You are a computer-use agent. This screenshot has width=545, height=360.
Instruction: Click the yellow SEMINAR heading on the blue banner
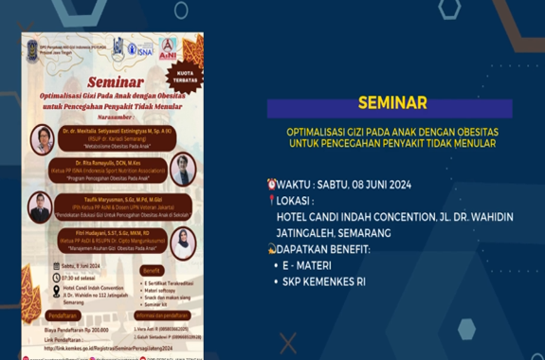click(x=391, y=102)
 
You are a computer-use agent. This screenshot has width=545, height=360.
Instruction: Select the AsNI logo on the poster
click(x=168, y=48)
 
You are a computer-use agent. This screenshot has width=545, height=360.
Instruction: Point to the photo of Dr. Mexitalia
click(x=43, y=139)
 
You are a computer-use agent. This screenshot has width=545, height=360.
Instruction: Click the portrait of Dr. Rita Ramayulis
click(x=182, y=171)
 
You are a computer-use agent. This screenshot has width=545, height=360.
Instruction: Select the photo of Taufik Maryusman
click(x=40, y=206)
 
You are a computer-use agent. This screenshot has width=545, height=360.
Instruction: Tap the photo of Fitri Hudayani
click(x=182, y=242)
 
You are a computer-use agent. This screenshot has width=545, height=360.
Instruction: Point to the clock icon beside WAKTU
click(x=272, y=184)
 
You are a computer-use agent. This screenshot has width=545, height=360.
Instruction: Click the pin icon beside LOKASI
click(x=272, y=200)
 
